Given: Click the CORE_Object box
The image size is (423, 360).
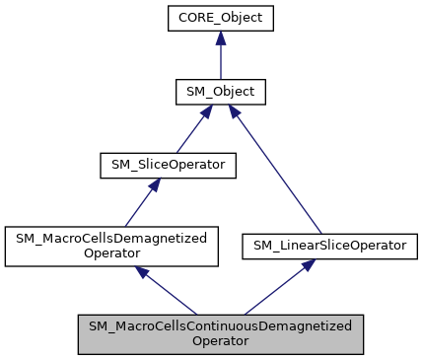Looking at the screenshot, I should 220,19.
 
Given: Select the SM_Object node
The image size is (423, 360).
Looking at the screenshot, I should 220,92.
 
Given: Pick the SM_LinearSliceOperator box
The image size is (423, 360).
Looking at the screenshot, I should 311,244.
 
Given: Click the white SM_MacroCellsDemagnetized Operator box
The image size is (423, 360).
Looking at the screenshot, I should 109,245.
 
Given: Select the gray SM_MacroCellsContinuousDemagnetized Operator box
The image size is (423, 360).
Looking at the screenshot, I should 221,333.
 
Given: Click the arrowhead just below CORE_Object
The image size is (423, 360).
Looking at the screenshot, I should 220,38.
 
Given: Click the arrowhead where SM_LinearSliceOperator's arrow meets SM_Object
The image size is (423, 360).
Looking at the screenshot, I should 236,111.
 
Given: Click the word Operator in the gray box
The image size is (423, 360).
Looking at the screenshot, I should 221,341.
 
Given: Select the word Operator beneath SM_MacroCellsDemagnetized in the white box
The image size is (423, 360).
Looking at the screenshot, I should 109,252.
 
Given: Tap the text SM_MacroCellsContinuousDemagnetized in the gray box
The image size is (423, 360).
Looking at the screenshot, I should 221,325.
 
